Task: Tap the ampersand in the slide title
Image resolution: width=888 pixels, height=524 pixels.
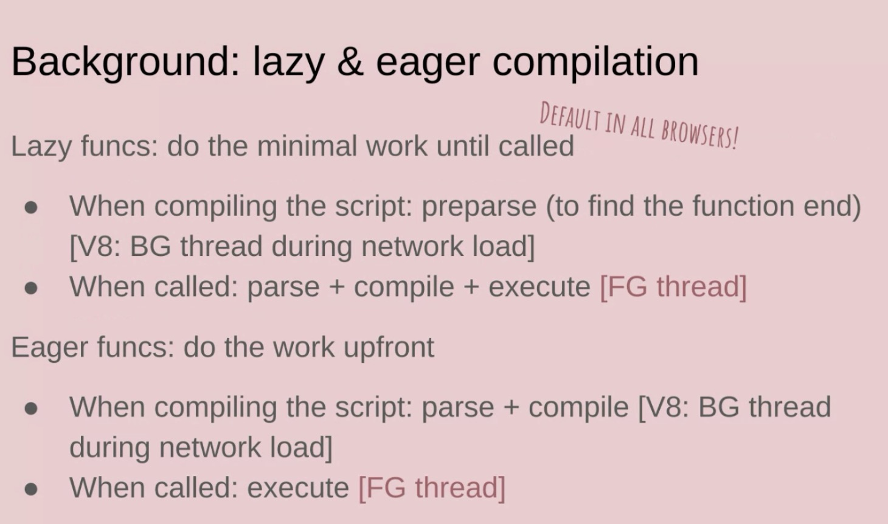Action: tap(350, 62)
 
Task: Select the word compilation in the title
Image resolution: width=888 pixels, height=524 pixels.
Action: tap(595, 63)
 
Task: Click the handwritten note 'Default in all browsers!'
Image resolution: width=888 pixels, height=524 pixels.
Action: tap(639, 126)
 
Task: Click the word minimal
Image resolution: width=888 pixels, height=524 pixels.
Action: tap(307, 146)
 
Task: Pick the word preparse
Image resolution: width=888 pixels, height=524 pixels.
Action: tap(479, 207)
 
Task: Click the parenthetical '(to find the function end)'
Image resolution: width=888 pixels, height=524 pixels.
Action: tap(704, 207)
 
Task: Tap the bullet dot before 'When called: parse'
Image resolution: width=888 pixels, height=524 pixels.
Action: tap(31, 288)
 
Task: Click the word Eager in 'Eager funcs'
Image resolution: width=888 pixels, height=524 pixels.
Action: tap(50, 347)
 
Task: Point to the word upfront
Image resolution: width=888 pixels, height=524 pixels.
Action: tap(389, 347)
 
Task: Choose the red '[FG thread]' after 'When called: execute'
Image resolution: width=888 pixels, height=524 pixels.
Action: tap(432, 488)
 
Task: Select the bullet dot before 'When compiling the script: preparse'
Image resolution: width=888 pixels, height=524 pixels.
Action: tap(31, 208)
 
